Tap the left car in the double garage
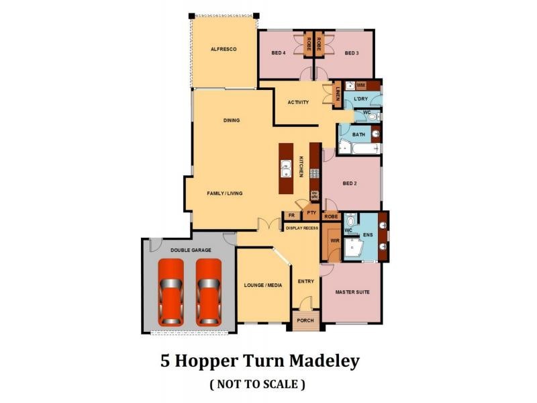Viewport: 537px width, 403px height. click(170, 292)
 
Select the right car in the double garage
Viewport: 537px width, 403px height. click(208, 292)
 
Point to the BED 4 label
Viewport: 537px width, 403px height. click(279, 53)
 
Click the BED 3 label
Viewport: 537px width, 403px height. click(353, 53)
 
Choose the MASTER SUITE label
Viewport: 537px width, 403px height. click(351, 292)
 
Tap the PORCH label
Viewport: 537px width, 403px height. click(305, 321)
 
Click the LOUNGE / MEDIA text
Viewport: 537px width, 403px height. click(263, 285)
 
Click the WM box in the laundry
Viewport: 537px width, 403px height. click(360, 85)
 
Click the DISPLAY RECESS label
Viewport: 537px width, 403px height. click(301, 228)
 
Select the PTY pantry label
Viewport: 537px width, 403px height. click(310, 213)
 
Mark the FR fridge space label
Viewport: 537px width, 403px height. click(291, 216)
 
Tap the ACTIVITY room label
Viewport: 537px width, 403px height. click(298, 103)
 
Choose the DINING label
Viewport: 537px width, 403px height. click(232, 121)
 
